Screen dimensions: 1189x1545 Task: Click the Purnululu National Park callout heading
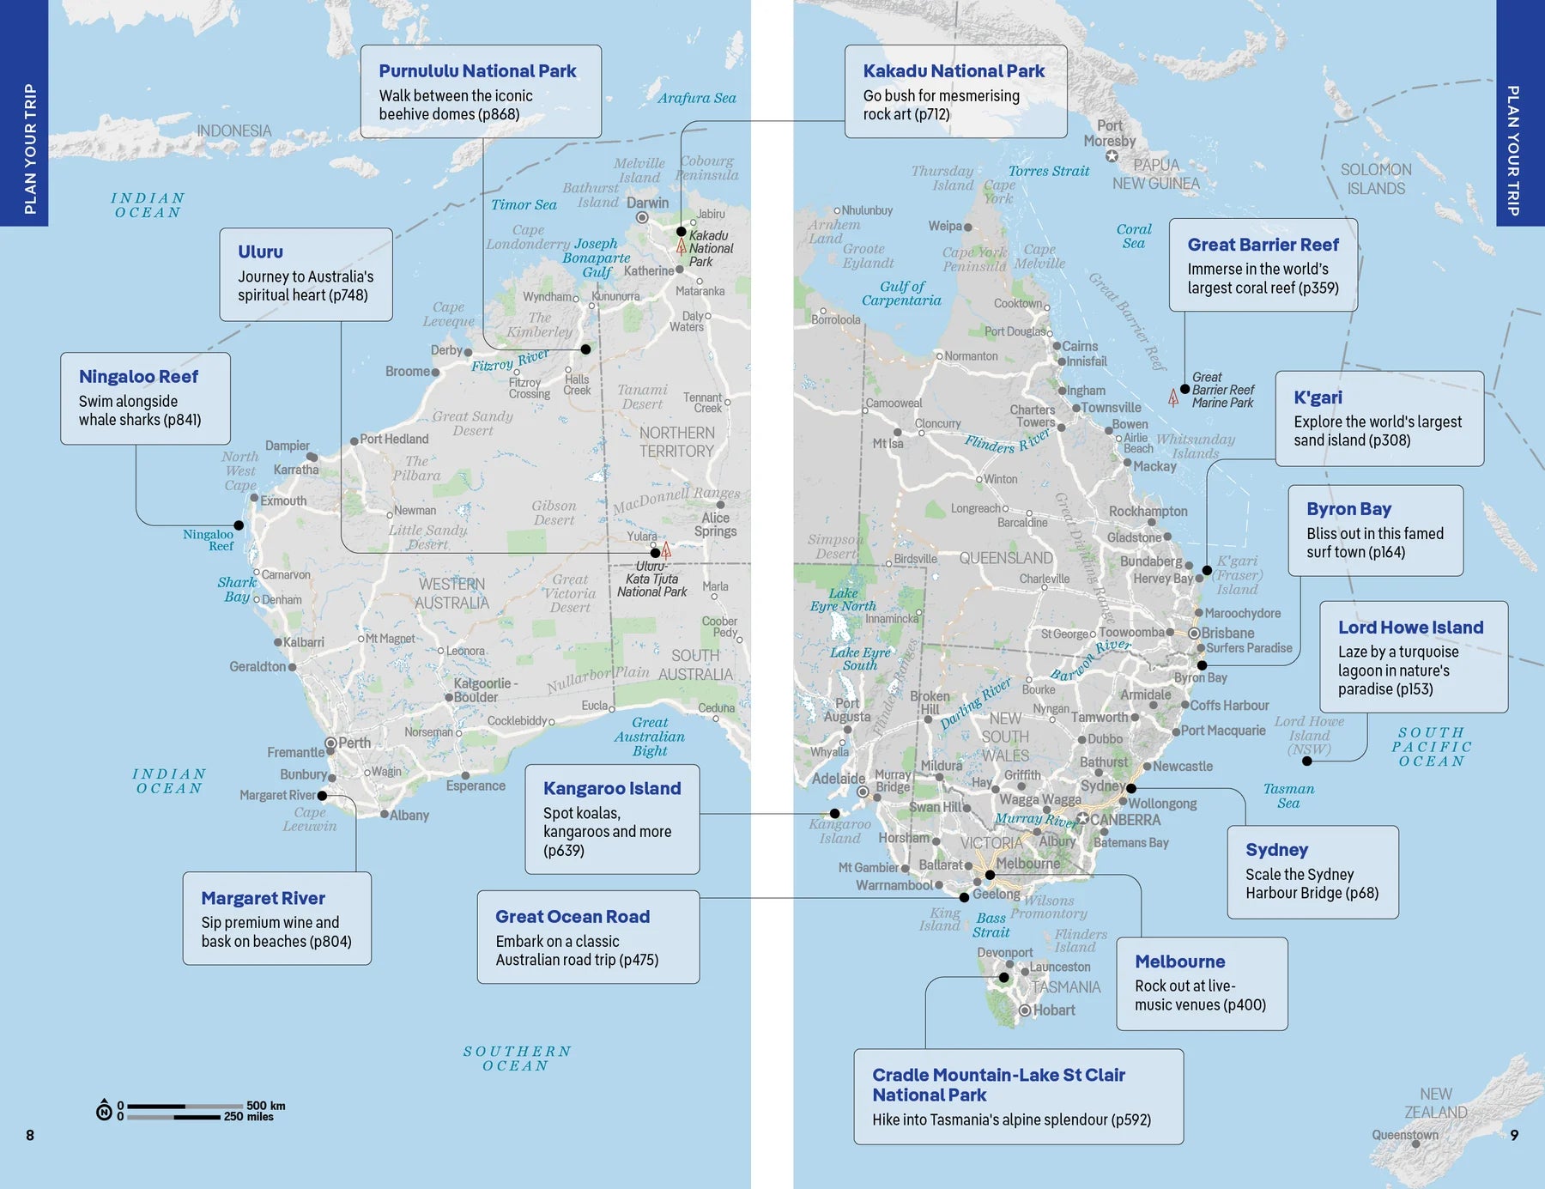(477, 71)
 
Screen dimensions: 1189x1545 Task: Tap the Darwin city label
(647, 203)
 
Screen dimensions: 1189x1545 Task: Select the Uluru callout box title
(260, 252)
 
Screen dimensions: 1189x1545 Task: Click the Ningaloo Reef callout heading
(138, 377)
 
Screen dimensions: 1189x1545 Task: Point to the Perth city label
(354, 743)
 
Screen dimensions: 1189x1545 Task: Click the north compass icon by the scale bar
(104, 1111)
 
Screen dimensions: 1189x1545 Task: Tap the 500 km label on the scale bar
(265, 1106)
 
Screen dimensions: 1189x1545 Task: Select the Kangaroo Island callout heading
(611, 789)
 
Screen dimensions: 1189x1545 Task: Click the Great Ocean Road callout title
(573, 917)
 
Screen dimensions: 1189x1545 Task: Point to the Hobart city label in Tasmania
(1054, 1010)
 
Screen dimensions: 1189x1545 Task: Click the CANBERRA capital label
(1124, 820)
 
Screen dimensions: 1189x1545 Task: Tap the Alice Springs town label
(715, 525)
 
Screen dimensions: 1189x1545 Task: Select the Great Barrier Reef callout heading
(1263, 245)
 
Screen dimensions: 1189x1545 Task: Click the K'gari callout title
(1318, 397)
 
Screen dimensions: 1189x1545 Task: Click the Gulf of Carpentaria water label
(901, 294)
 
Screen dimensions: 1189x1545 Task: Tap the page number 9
(1514, 1135)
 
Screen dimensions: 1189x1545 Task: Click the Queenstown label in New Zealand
(1404, 1135)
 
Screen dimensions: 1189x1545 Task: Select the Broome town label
(408, 372)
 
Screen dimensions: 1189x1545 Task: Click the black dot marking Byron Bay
(1202, 665)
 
